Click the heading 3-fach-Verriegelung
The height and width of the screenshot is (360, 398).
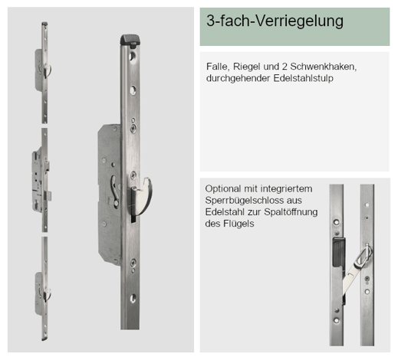click(x=275, y=21)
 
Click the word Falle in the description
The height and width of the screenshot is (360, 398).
click(x=215, y=67)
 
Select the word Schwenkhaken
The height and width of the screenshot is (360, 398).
click(x=324, y=67)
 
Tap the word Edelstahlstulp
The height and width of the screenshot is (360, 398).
click(x=303, y=78)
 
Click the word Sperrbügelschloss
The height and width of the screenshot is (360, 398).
click(x=245, y=201)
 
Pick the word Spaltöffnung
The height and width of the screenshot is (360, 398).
click(x=291, y=212)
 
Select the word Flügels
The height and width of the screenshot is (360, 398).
click(x=238, y=224)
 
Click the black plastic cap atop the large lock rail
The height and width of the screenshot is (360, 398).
click(x=130, y=41)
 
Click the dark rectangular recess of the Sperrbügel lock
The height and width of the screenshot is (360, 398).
click(x=339, y=252)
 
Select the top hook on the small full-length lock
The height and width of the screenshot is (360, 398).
click(x=48, y=70)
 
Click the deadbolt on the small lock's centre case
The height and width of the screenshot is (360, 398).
click(x=48, y=196)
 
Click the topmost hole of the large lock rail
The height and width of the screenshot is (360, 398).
click(x=133, y=56)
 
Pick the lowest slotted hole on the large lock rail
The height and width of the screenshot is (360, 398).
click(x=133, y=298)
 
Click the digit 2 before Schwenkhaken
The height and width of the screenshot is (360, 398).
click(x=285, y=67)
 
